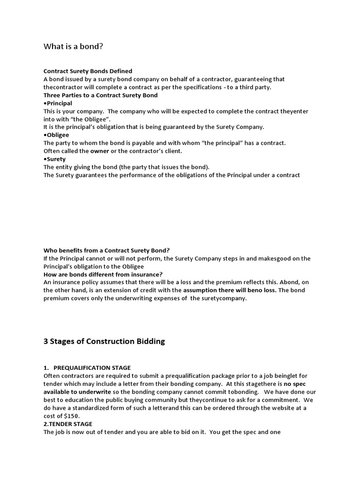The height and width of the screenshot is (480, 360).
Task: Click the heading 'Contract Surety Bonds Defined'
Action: tap(88, 71)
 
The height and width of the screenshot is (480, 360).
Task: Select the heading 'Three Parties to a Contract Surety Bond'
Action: tap(100, 95)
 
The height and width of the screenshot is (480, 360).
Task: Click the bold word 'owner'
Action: tap(99, 151)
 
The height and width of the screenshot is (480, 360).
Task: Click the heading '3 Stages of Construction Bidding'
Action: tap(104, 341)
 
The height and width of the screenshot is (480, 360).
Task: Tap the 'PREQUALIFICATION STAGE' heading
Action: tap(92, 368)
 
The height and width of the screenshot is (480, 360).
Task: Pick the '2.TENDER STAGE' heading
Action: tap(68, 424)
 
